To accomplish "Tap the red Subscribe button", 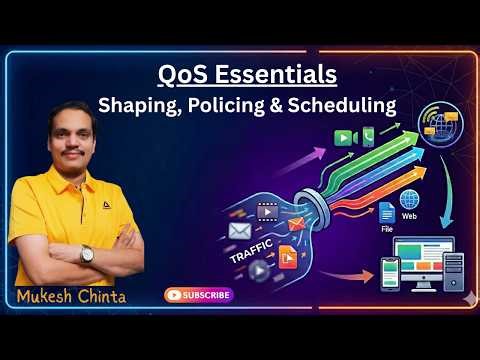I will tap(198, 295).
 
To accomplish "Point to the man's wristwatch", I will tap(87, 253).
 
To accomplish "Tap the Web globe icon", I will tap(409, 200).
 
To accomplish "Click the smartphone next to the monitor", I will tap(393, 271).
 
